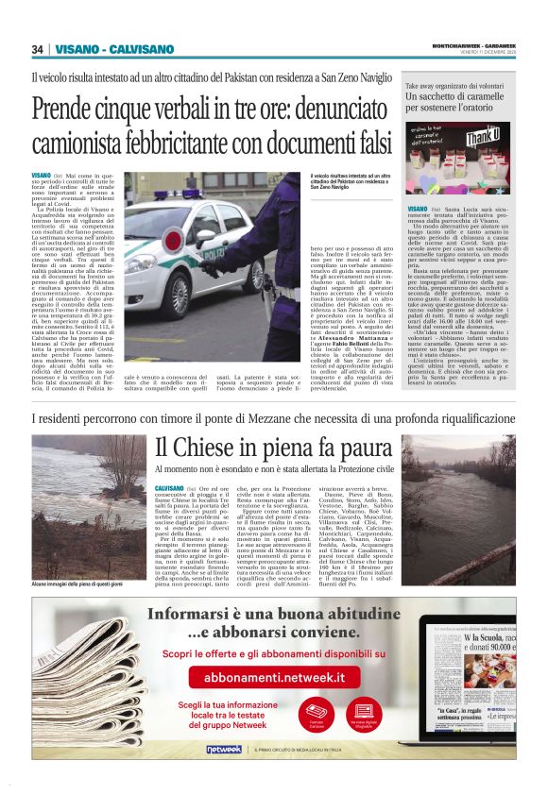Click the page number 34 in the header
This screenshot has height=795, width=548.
[x=38, y=49]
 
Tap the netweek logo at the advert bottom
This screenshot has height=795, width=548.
[x=224, y=750]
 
